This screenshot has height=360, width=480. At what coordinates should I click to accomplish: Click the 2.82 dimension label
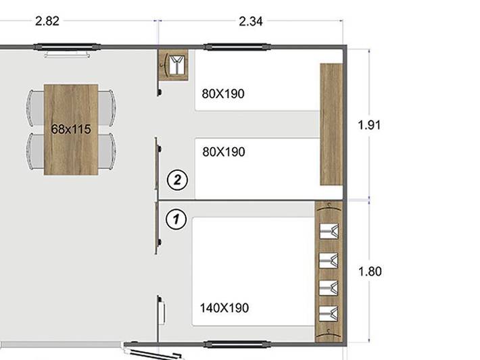[x=47, y=21]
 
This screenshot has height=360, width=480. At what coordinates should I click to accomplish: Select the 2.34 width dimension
[x=251, y=21]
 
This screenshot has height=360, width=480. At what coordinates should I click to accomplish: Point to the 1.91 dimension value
[x=370, y=125]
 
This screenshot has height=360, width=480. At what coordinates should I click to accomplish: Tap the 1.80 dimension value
[x=370, y=272]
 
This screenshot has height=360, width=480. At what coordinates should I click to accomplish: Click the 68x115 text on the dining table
[x=71, y=129]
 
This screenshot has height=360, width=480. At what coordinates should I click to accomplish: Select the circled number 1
[x=176, y=219]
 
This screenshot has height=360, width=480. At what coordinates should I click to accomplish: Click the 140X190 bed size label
[x=224, y=308]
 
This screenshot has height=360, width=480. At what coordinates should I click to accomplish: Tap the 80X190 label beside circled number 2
[x=224, y=152]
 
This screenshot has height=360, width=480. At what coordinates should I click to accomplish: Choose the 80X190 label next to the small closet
[x=223, y=94]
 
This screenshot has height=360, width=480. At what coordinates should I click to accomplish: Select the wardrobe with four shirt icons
[x=330, y=272]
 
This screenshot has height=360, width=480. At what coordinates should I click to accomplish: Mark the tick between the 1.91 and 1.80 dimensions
[x=369, y=199]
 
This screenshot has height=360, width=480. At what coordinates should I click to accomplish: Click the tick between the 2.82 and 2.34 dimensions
[x=158, y=21]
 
